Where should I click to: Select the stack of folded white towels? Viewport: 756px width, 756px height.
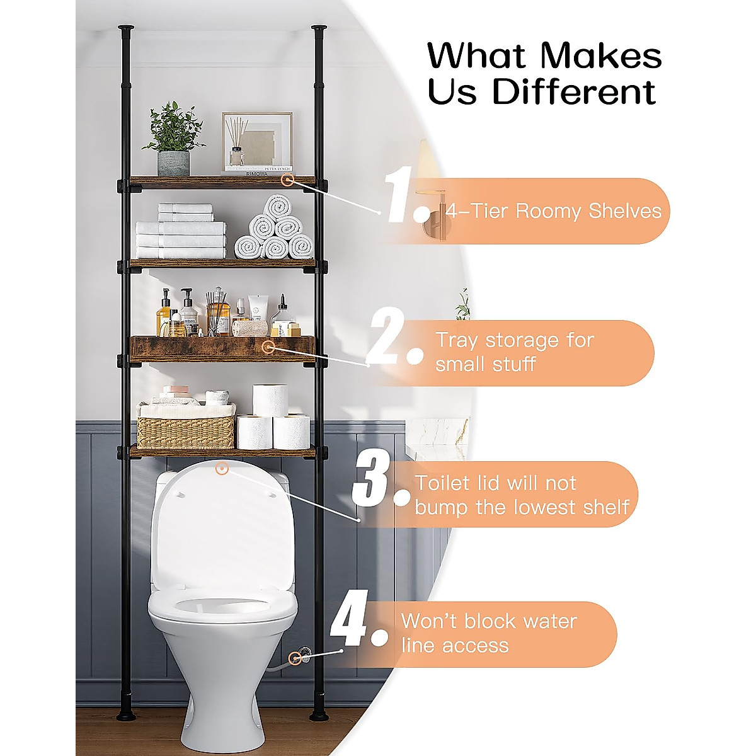click(181, 232)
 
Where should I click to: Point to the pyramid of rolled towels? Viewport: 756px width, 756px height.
click(275, 231)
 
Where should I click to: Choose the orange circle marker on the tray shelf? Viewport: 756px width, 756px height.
click(269, 346)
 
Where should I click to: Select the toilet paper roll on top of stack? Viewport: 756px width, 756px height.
click(271, 399)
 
